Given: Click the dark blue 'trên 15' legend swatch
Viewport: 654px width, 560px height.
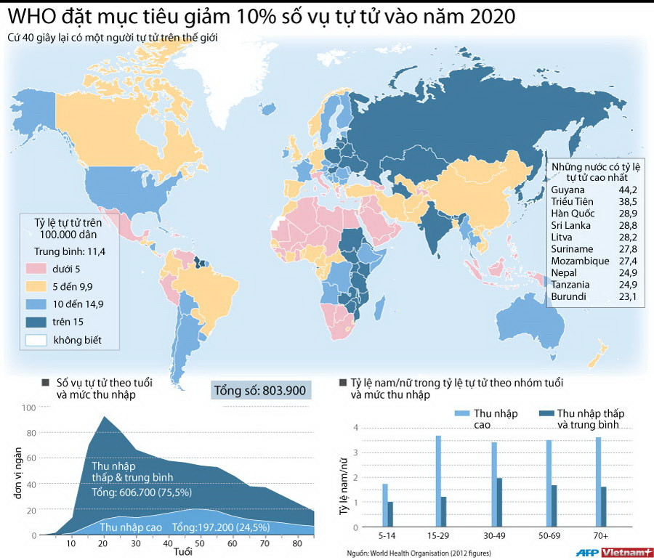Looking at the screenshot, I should (x=38, y=322).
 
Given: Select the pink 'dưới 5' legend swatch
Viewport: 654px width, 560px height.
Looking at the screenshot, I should (x=38, y=269).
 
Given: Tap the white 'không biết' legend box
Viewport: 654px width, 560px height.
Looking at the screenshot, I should (x=38, y=339).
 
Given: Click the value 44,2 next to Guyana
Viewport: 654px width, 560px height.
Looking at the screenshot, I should (x=628, y=190).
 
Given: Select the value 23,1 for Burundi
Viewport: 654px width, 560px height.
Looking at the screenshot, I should (x=628, y=296).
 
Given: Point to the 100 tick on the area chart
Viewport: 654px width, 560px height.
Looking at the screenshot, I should (x=28, y=407).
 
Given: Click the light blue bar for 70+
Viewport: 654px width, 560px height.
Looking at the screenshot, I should (x=598, y=482).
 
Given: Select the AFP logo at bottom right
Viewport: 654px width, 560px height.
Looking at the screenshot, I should (x=584, y=552).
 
